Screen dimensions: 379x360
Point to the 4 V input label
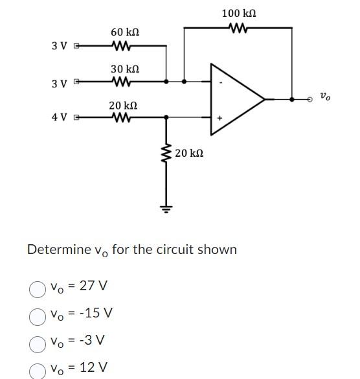tap(60, 118)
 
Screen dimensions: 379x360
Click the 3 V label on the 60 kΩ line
tap(60, 46)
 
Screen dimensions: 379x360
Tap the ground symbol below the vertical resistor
tap(166, 209)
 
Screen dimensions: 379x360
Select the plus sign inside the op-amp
tap(219, 118)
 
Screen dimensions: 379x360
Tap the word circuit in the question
tap(168, 250)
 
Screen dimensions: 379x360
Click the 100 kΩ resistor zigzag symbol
tap(238, 28)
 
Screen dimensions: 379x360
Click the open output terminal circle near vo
tap(309, 100)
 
